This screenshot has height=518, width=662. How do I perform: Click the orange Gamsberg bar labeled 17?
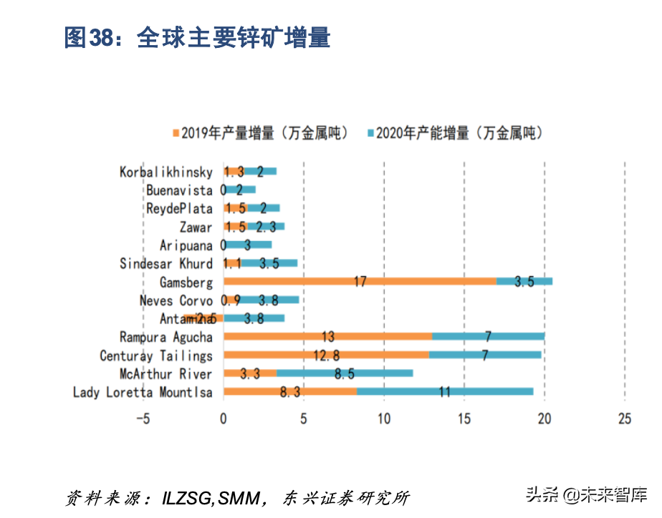360,281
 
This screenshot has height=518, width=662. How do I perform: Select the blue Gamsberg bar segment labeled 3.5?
524,281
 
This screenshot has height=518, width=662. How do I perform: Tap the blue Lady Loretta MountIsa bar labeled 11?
444,391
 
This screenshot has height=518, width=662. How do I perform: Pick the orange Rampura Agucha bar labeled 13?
327,336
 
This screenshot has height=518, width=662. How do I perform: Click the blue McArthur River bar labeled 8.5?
345,373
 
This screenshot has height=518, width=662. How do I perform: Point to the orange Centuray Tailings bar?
326,355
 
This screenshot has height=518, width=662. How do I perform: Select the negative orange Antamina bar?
203,318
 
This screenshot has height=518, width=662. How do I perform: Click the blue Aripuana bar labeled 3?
248,245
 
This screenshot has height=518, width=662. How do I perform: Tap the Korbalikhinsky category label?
166,172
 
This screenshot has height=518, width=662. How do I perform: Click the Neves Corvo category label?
176,300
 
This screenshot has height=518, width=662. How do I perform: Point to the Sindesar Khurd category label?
166,263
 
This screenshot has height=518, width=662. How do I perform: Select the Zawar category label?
196,227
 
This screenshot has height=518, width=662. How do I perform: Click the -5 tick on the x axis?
143,419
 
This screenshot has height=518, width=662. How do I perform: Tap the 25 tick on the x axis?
624,419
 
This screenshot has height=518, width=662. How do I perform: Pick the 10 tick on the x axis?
384,419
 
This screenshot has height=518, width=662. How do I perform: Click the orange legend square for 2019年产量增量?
175,133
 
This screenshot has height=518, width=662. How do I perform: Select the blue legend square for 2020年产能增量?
370,133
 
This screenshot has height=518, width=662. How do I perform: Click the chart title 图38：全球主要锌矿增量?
197,37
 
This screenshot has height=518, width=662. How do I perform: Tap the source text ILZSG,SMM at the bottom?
211,498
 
